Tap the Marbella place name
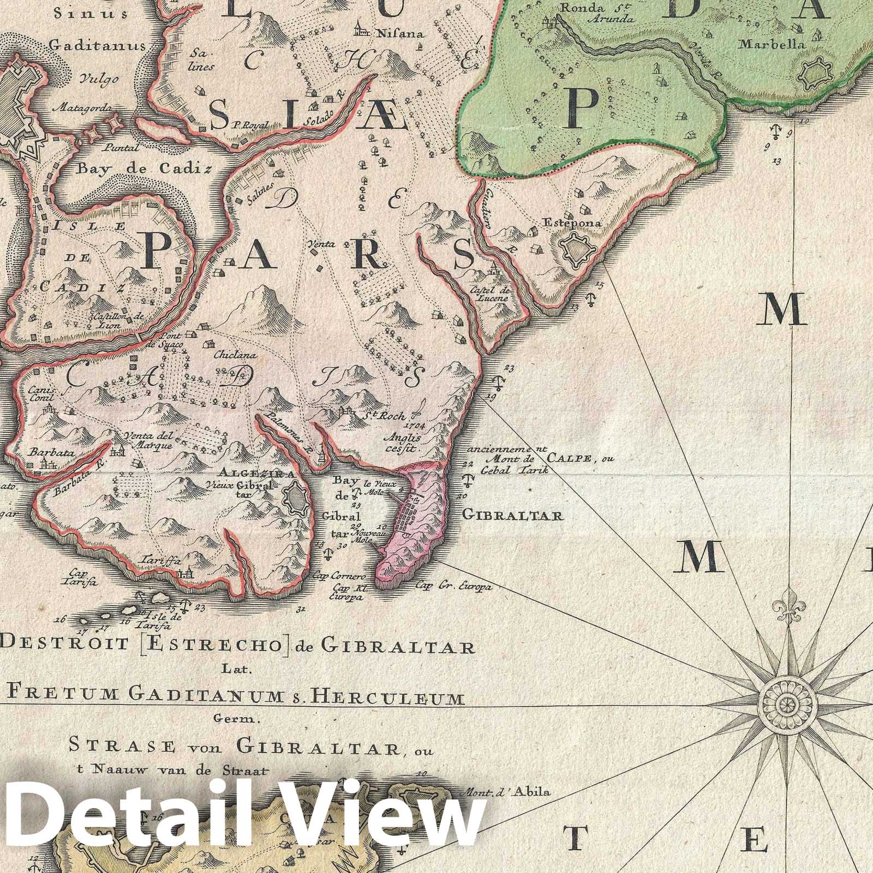(772, 45)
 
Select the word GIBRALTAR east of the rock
(512, 515)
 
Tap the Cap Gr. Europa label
(453, 587)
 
